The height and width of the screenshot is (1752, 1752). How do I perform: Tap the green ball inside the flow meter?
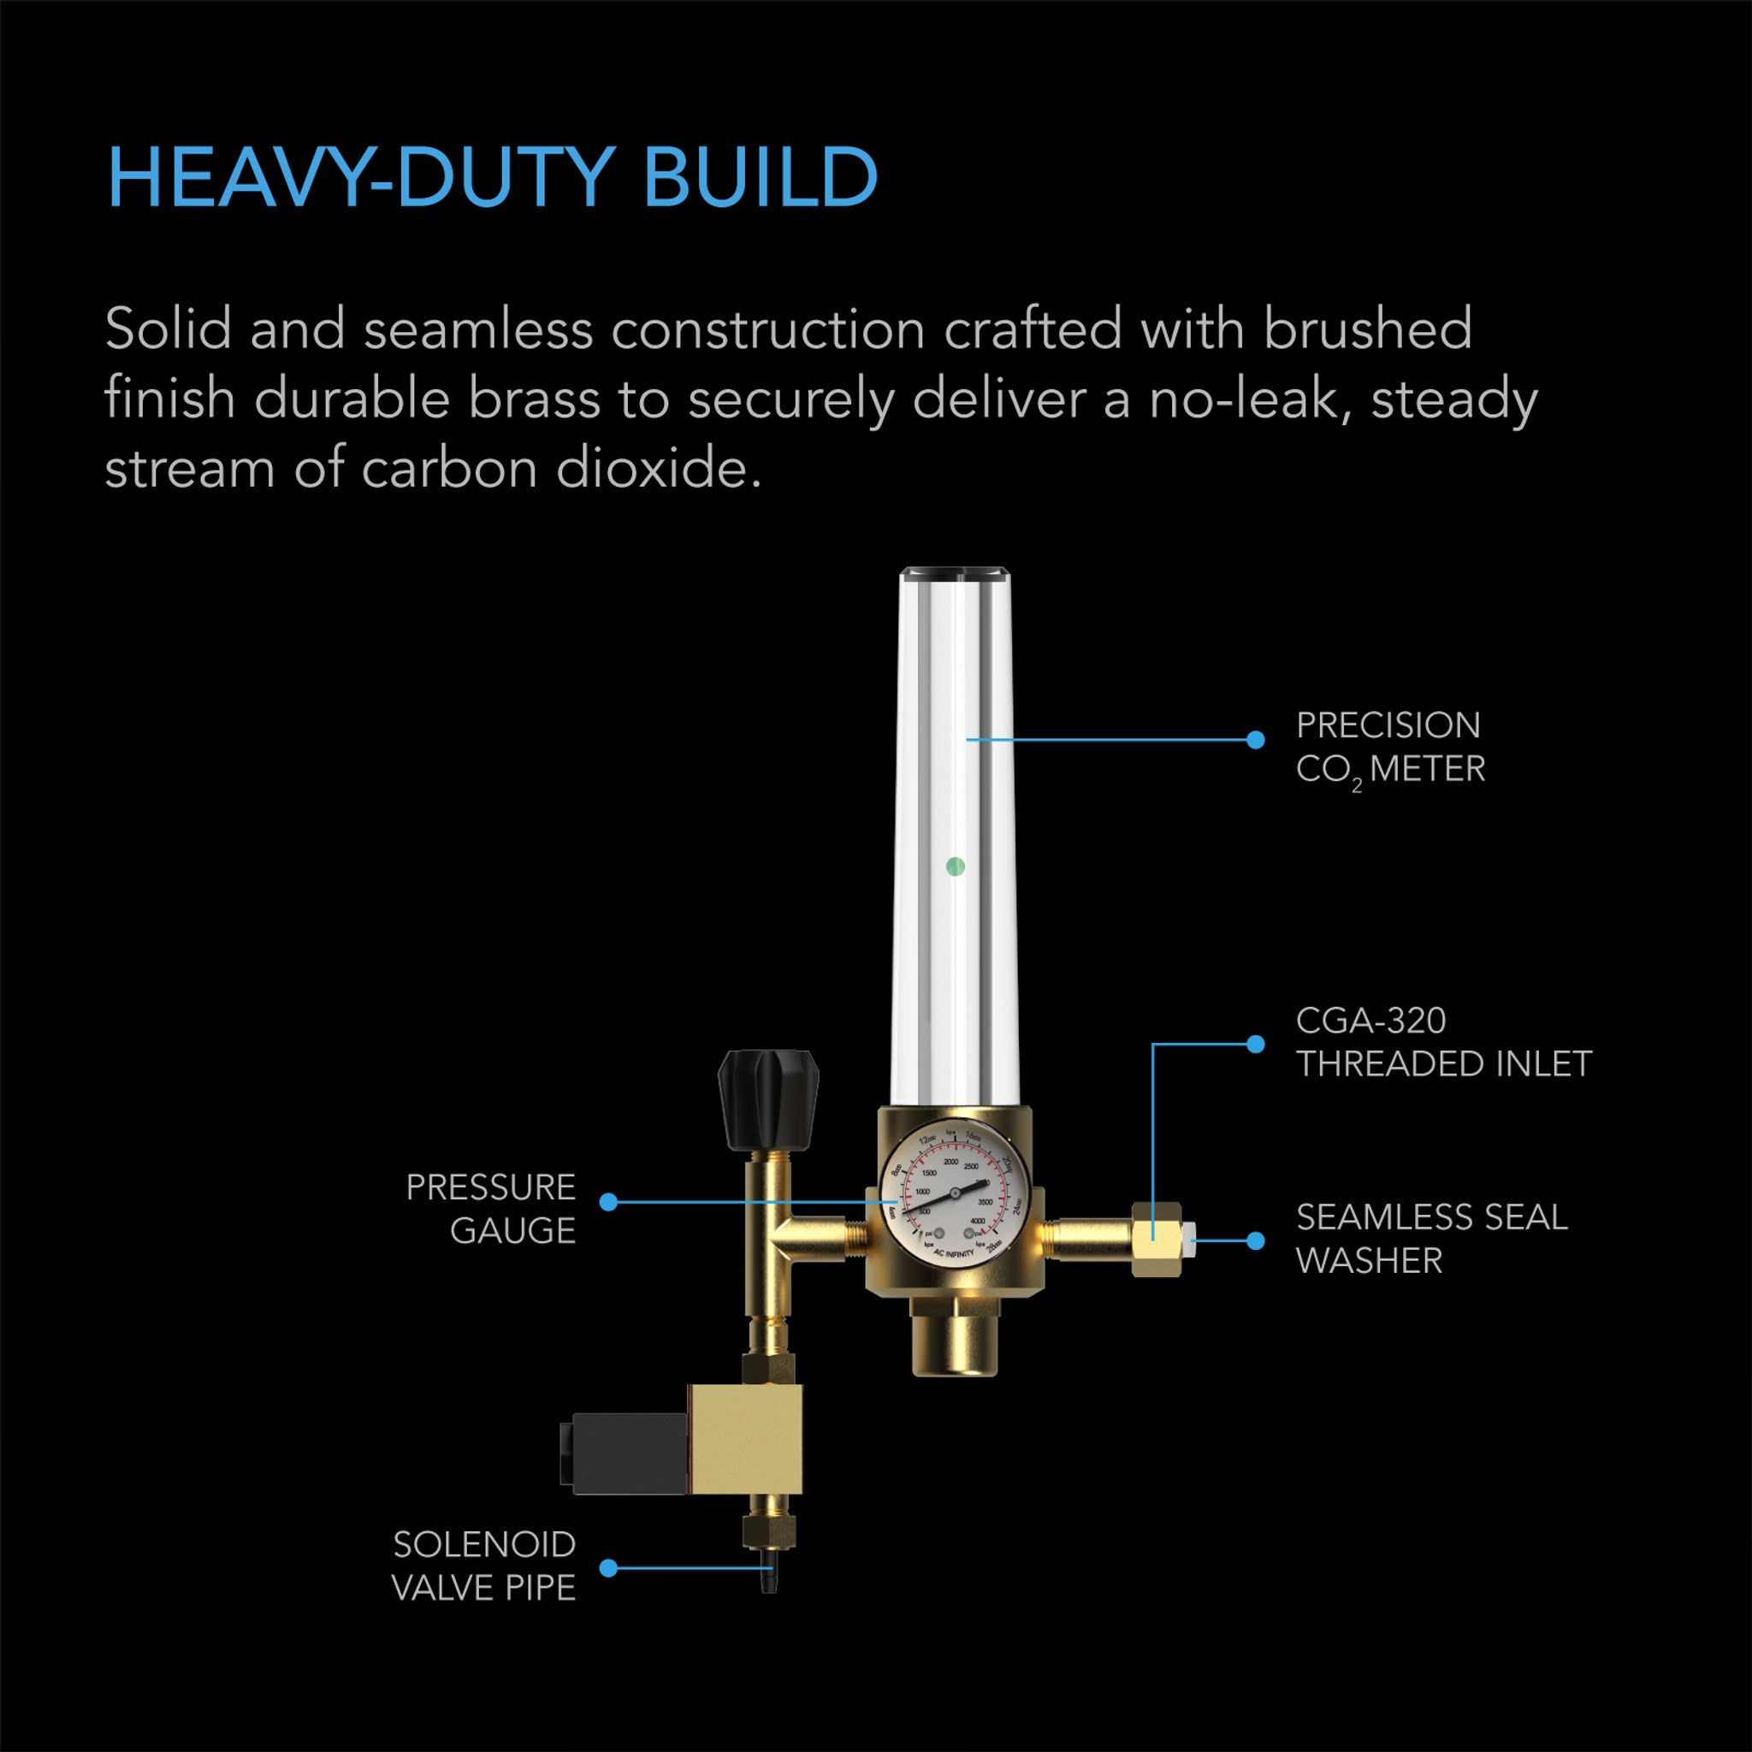point(954,867)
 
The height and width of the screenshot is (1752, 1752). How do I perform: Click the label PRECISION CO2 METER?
point(1389,747)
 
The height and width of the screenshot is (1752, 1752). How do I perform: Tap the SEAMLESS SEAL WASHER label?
point(1431,1239)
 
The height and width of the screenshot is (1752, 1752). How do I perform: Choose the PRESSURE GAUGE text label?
point(490,1209)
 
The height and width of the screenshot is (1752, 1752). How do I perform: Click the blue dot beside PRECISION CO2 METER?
point(1256,740)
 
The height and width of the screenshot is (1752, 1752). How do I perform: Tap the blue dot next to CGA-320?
point(1256,1044)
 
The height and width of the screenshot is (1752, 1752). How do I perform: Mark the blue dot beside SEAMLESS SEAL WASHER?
point(1256,1240)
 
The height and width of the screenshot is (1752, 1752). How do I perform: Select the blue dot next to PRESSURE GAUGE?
point(608,1202)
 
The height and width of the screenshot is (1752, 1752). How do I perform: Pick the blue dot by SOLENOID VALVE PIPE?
point(608,1568)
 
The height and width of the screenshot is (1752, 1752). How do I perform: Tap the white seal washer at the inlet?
point(1189,1239)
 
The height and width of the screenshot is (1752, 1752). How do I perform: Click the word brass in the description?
point(534,399)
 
